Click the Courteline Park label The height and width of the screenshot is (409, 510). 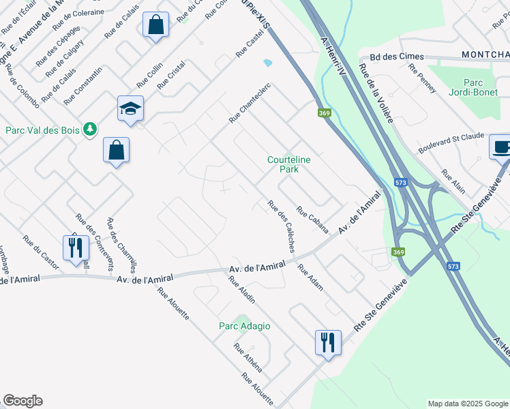289,164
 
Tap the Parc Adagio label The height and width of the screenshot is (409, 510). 245,326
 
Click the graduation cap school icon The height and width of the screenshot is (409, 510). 130,108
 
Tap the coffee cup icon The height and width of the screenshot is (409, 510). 501,146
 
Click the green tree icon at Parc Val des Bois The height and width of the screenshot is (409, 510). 89,129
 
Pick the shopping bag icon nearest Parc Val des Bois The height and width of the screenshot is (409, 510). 116,149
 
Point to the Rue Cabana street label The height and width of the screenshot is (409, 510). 313,220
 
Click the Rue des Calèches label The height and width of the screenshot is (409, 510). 282,226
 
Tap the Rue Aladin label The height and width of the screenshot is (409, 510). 242,290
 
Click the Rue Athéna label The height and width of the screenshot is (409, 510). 248,358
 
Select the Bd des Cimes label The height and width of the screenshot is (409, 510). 397,57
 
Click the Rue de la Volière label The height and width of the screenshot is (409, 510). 376,93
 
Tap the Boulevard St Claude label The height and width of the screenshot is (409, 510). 451,143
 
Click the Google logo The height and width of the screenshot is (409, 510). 22,401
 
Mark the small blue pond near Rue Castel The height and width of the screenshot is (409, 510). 267,63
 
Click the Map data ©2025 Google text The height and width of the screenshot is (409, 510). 467,404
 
